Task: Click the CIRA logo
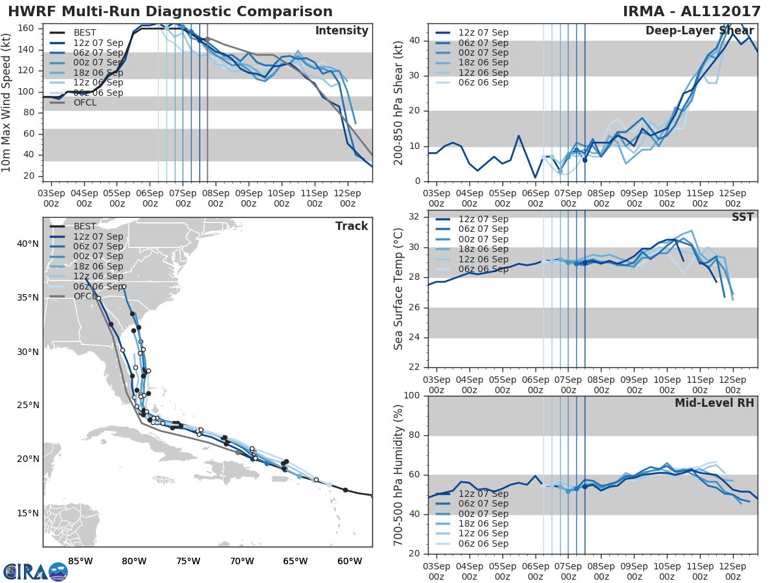[x=35, y=571]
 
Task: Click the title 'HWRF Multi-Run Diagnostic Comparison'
[x=170, y=12]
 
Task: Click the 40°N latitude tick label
[x=27, y=244]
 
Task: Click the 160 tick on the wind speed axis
[x=26, y=29]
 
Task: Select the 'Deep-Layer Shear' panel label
[x=699, y=32]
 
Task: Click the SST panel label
[x=743, y=217]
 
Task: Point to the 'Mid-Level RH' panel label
[x=714, y=404]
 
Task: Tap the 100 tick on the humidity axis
[x=411, y=396]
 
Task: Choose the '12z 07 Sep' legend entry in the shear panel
[x=483, y=32]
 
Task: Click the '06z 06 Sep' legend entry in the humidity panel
[x=483, y=543]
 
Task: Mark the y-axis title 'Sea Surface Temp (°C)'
[x=400, y=288]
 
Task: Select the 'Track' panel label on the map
[x=352, y=226]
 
